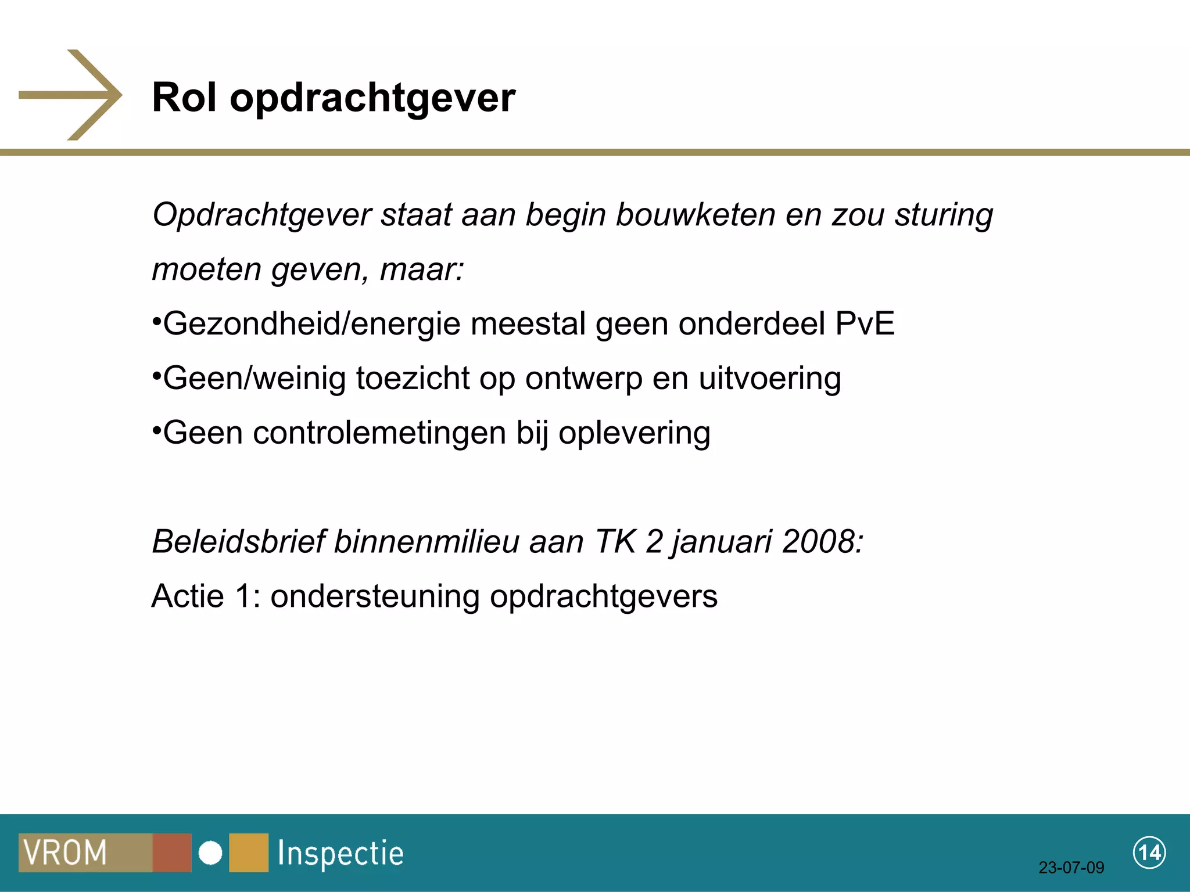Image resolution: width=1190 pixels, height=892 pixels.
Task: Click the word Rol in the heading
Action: tap(184, 97)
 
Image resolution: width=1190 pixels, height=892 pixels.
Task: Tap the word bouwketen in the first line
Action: tap(696, 214)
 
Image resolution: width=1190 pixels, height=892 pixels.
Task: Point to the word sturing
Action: tap(944, 215)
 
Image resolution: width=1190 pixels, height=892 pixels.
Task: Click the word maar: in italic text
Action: tap(422, 269)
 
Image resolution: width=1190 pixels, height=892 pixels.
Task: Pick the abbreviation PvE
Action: tap(865, 323)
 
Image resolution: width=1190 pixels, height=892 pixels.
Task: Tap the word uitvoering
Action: tap(769, 379)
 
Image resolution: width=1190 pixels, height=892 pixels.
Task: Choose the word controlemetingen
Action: tap(379, 433)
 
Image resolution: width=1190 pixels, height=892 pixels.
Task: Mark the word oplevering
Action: tap(634, 433)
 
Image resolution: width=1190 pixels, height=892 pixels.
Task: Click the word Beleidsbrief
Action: tap(238, 542)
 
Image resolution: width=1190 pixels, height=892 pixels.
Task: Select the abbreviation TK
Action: tap(615, 542)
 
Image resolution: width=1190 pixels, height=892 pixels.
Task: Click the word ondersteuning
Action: tap(375, 596)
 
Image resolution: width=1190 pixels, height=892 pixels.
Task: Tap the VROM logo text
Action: tap(65, 853)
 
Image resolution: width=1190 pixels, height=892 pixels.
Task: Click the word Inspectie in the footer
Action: tap(340, 853)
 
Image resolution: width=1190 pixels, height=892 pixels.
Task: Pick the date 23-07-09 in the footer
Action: tap(1071, 868)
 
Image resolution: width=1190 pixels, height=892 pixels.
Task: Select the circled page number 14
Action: tap(1149, 853)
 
